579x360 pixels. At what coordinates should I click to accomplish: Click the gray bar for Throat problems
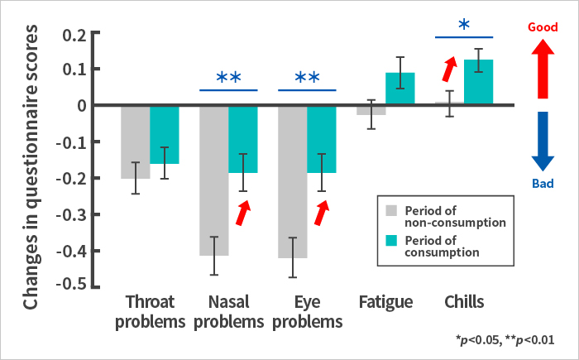[135, 142]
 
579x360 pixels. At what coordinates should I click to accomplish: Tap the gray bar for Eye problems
[292, 181]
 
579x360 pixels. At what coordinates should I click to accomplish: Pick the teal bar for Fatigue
[400, 89]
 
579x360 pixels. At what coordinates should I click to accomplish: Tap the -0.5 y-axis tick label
[72, 286]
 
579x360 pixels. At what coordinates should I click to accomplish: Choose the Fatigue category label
[386, 301]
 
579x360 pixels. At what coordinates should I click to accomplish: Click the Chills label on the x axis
[464, 301]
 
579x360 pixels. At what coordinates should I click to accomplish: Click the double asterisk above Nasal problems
[228, 79]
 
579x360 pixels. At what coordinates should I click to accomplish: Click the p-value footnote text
[505, 339]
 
